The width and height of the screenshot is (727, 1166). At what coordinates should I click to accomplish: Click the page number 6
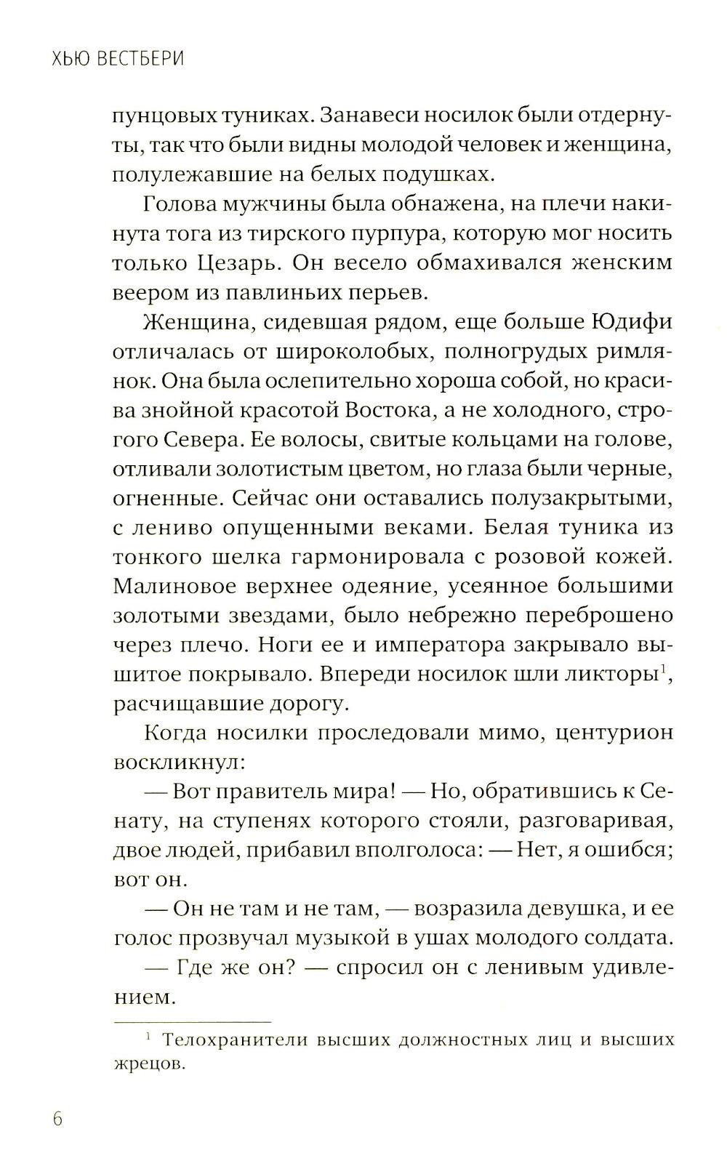(57, 1118)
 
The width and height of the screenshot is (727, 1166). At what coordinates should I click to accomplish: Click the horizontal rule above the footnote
(192, 1022)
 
